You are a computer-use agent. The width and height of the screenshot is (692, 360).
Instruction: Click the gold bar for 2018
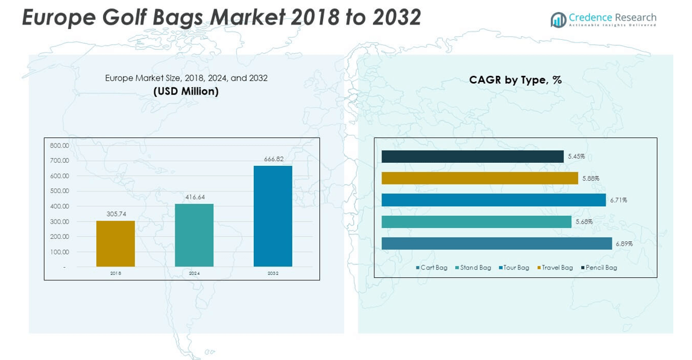[115, 244]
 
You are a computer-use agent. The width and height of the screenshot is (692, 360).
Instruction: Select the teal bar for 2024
[194, 235]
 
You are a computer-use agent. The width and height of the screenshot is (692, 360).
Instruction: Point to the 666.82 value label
[273, 159]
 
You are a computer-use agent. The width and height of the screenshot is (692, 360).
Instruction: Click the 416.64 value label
[194, 197]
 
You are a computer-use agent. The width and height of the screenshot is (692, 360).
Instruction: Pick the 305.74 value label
[115, 214]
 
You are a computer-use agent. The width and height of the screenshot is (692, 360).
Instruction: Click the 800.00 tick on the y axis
[60, 145]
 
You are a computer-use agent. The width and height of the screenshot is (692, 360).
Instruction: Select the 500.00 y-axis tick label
[60, 191]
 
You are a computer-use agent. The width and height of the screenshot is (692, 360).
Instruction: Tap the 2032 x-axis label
[273, 274]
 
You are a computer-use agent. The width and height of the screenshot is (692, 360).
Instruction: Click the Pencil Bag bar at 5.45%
[473, 157]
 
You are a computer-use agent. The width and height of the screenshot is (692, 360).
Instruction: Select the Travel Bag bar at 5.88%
[480, 178]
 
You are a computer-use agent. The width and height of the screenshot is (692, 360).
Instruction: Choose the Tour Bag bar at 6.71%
[493, 200]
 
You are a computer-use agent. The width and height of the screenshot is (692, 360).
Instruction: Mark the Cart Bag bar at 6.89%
[497, 244]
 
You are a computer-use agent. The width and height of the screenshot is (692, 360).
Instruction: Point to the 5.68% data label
[583, 222]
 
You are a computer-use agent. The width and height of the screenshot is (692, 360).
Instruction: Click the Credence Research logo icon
[558, 20]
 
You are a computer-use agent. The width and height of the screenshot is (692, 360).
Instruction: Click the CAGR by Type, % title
[515, 80]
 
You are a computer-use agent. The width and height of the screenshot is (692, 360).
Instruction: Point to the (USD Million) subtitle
[186, 92]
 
